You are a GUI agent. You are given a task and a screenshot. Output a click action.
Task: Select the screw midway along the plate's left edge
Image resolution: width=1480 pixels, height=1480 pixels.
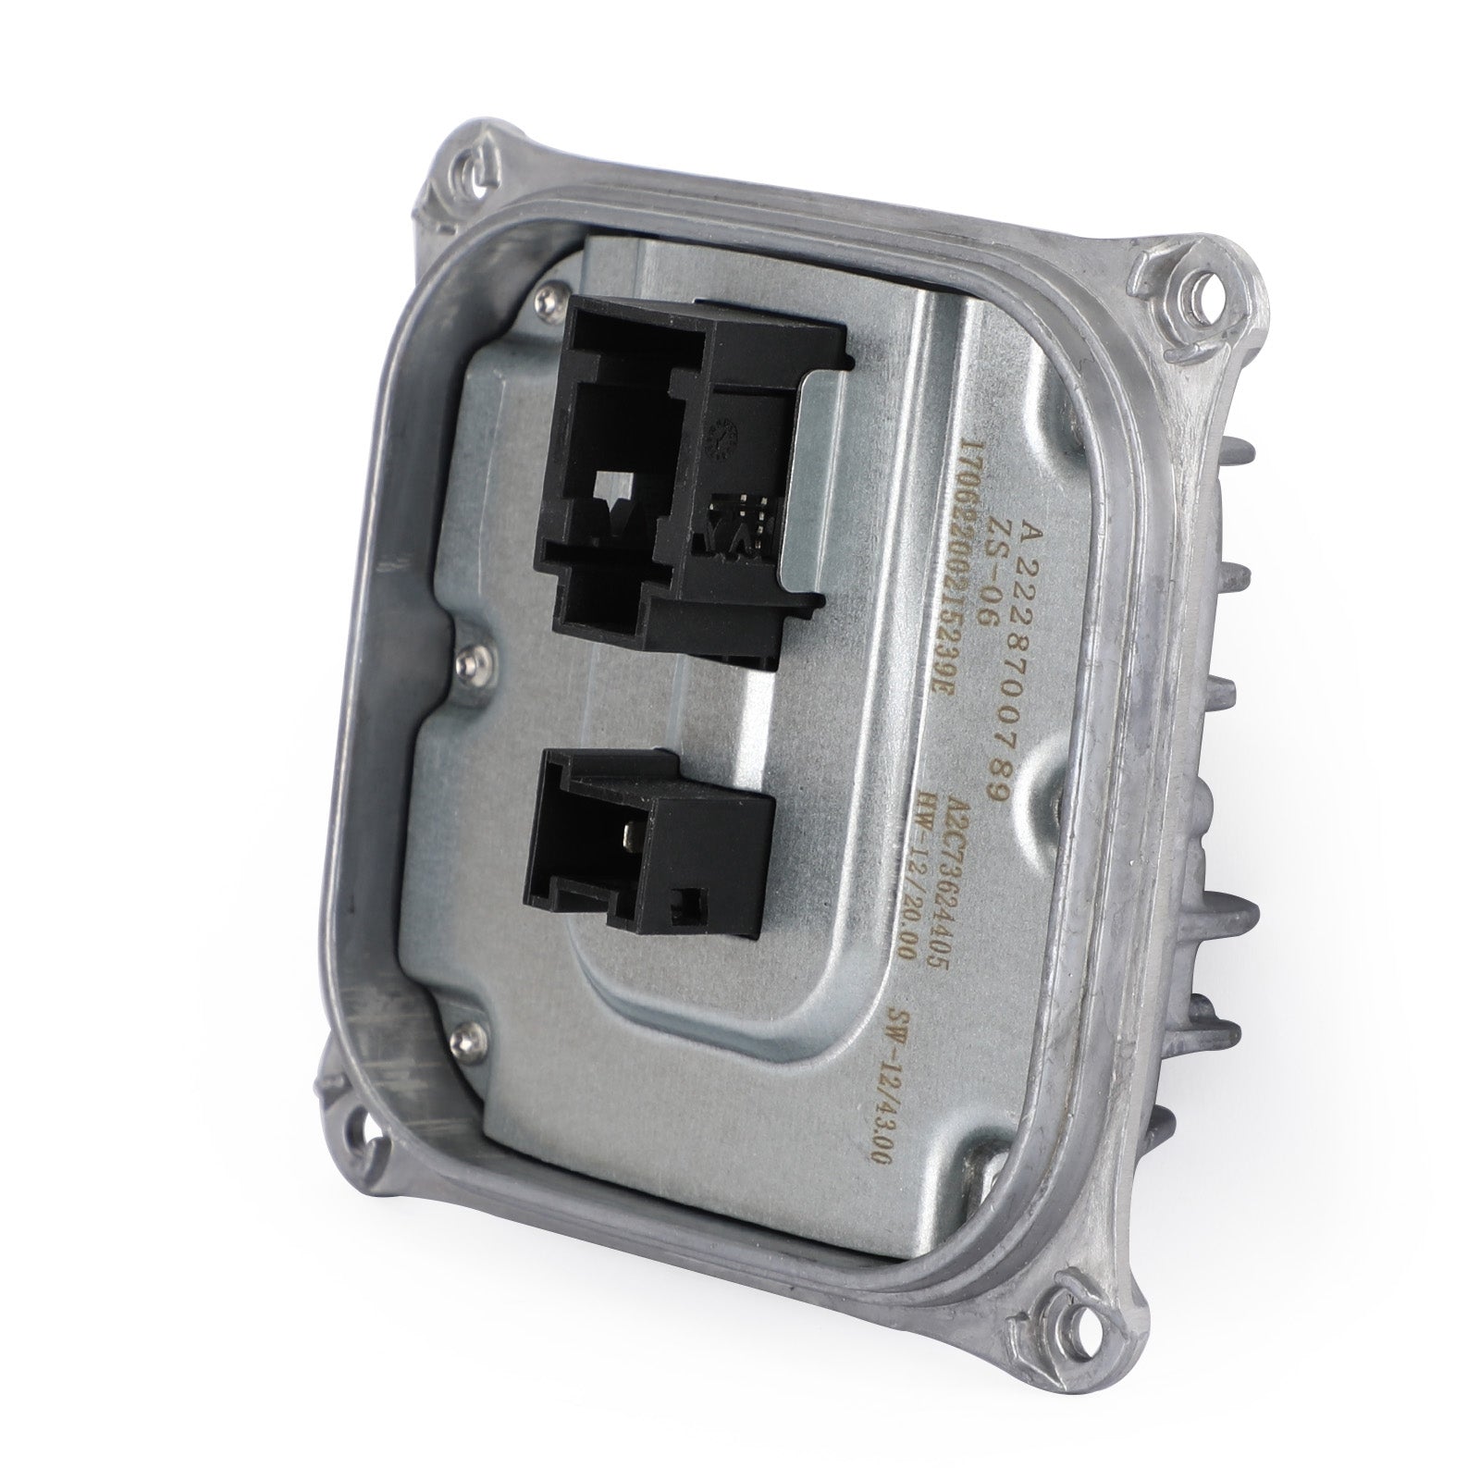point(473,659)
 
